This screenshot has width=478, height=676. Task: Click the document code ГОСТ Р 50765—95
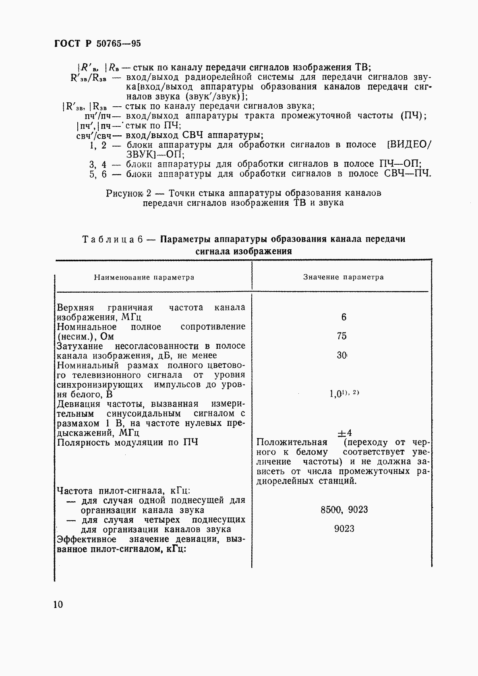97,43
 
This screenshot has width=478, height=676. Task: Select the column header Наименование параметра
144,277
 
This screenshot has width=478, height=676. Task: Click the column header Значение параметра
343,277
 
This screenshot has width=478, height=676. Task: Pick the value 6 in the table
343,317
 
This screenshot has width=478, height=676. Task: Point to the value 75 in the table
342,336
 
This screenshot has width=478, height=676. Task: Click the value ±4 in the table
345,433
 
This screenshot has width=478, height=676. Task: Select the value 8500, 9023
344,510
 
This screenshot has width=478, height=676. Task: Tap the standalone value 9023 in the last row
344,529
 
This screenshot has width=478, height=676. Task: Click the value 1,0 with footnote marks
343,394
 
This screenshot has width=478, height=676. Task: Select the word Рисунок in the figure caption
124,193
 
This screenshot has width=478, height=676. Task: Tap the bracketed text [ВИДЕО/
408,145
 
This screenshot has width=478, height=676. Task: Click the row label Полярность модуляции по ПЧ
127,442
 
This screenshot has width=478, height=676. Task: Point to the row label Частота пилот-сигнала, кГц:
124,491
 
